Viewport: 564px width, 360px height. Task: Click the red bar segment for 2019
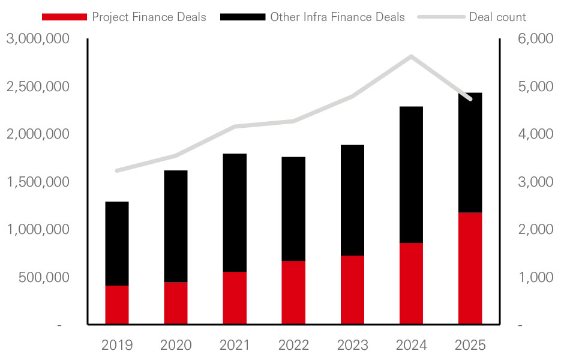[117, 305]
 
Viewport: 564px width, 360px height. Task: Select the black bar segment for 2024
[412, 175]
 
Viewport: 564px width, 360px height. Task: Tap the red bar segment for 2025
[470, 268]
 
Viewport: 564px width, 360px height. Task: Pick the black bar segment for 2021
[235, 212]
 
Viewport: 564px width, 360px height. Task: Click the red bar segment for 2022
[293, 293]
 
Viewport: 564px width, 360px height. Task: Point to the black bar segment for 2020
[176, 226]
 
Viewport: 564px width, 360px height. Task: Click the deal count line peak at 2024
[412, 56]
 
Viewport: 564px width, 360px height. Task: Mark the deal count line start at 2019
[117, 170]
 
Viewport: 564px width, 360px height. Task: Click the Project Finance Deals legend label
[149, 17]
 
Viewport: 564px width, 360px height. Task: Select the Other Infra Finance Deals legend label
[337, 17]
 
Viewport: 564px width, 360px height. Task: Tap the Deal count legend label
[497, 17]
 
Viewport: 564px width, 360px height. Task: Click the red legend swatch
[64, 17]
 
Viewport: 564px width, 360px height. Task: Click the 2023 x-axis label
[352, 345]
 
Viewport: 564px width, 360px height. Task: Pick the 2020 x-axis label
[176, 345]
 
